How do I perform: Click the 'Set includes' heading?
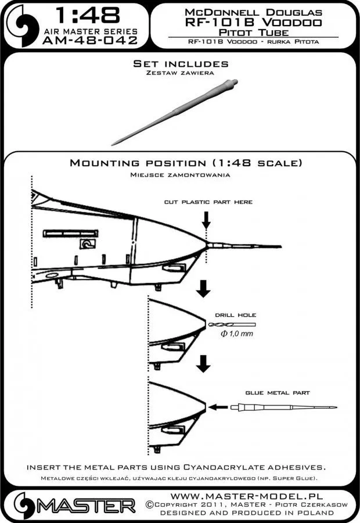(x=181, y=64)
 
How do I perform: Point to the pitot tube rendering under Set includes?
(x=186, y=104)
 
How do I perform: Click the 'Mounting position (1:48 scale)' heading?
(x=185, y=163)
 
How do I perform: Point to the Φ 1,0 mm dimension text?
(x=235, y=335)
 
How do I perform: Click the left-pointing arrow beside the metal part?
(x=218, y=407)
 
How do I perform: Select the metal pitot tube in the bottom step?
(x=279, y=407)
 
